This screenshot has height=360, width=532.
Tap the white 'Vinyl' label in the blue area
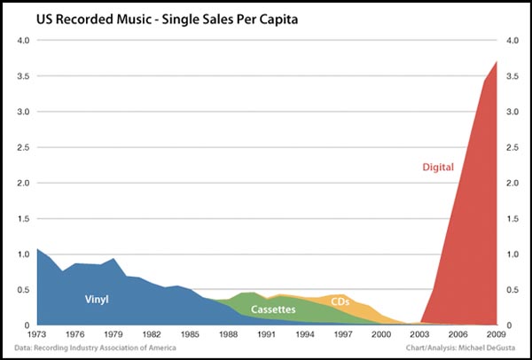click(x=97, y=300)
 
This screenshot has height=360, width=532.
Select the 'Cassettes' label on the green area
click(x=274, y=309)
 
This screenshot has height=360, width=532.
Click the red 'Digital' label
click(x=438, y=166)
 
